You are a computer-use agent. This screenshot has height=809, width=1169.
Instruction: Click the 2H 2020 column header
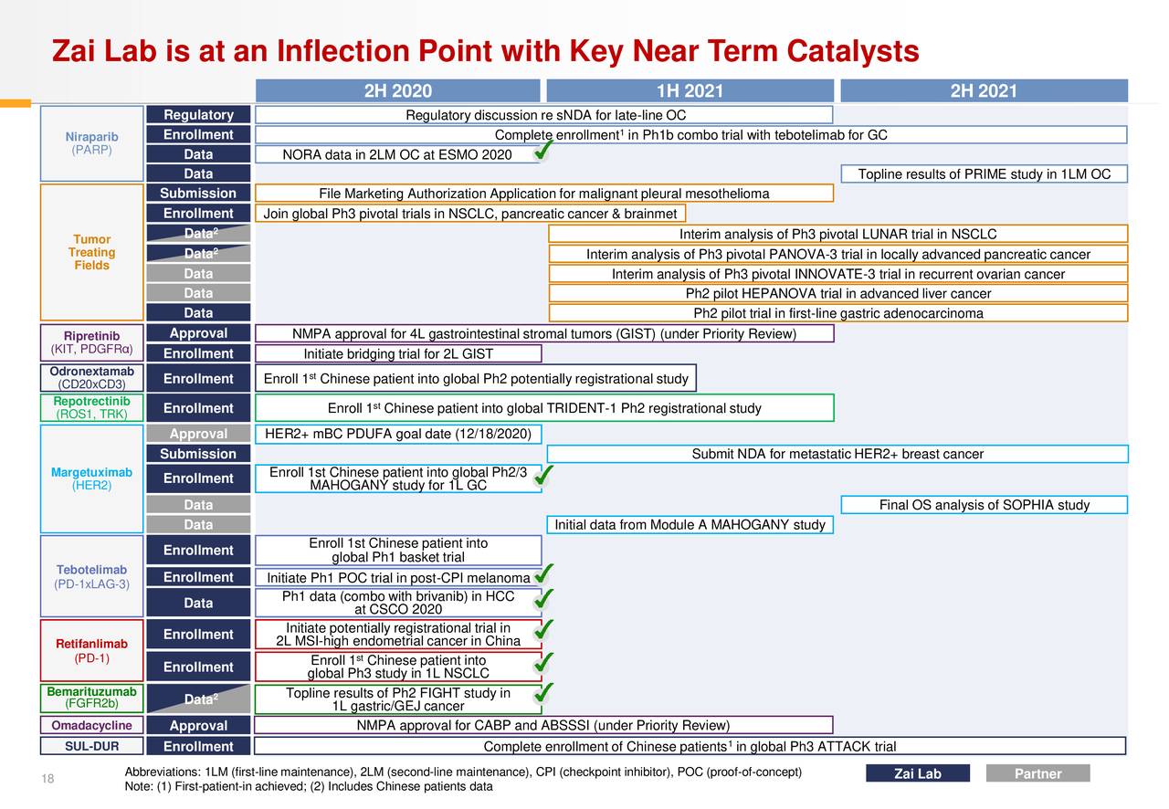tap(397, 90)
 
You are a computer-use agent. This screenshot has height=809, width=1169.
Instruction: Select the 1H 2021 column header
tap(690, 90)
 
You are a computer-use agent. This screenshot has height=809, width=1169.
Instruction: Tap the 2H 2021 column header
tap(984, 90)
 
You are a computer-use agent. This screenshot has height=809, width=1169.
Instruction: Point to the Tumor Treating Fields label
tap(91, 252)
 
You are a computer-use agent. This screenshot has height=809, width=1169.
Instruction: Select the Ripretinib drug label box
tap(91, 342)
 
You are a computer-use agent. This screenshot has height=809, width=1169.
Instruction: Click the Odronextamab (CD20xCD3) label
tap(91, 378)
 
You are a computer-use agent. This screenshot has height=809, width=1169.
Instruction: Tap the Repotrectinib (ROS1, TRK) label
tap(91, 408)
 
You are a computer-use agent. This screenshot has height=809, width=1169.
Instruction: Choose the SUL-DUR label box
tap(91, 747)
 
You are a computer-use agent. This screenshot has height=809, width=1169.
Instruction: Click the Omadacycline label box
tap(91, 726)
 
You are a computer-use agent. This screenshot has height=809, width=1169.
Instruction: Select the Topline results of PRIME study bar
tap(984, 174)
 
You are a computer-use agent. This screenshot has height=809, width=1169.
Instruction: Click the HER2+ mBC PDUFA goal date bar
tap(398, 434)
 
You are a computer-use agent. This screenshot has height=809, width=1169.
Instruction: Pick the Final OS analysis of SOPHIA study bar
tap(984, 505)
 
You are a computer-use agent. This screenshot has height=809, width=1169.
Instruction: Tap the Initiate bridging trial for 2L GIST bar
tap(398, 354)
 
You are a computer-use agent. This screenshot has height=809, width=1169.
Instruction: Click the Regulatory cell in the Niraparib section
tap(198, 115)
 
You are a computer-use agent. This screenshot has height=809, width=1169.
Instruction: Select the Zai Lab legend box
tap(917, 773)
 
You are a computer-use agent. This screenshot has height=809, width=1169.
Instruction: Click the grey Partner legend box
tap(1037, 773)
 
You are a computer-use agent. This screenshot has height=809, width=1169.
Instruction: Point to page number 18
tap(47, 778)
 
